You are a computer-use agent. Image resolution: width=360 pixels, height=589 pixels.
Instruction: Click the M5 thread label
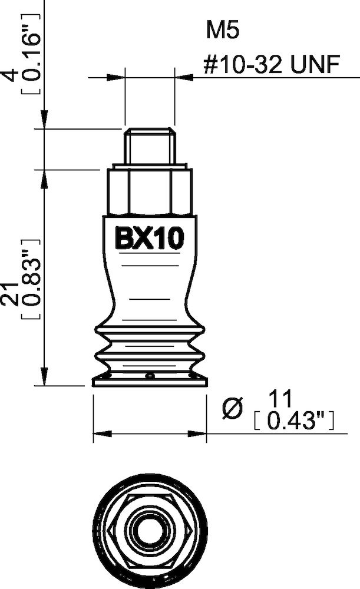point(222,31)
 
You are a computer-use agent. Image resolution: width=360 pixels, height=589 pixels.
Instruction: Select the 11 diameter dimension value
point(281,401)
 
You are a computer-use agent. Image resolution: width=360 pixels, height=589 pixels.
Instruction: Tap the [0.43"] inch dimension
point(293,421)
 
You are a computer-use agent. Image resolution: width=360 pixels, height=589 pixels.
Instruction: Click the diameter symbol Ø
point(234,409)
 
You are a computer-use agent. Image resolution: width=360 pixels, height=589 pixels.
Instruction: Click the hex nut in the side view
point(150,191)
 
